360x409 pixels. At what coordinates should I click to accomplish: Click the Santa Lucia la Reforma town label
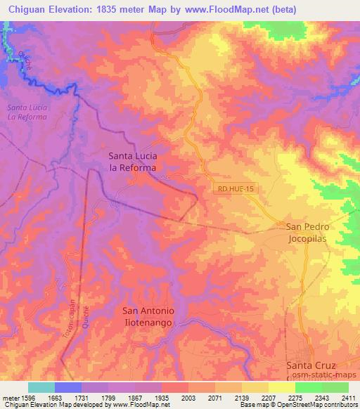131,162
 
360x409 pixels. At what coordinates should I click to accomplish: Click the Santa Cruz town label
311,366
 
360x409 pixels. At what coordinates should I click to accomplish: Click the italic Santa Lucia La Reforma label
27,112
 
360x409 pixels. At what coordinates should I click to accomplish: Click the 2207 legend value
269,398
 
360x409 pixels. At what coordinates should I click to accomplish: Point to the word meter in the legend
10,398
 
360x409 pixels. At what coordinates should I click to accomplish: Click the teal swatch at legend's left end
41,387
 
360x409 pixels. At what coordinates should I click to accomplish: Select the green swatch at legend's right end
336,387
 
